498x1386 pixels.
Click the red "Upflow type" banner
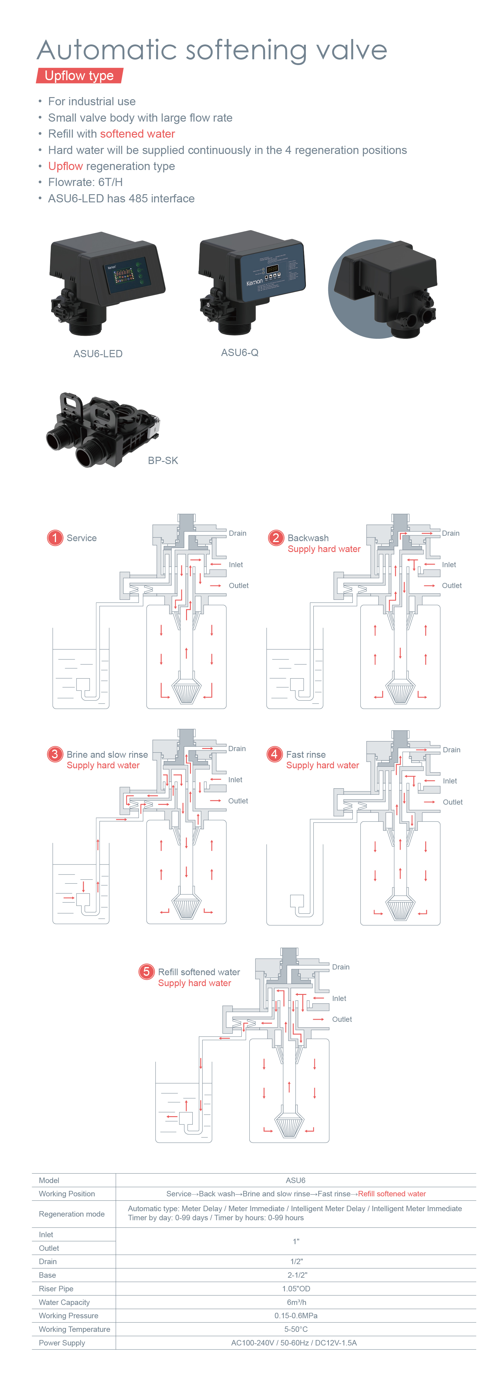point(79,76)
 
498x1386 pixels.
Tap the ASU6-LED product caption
point(98,354)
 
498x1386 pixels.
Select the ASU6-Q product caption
point(240,352)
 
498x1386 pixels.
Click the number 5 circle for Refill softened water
point(146,971)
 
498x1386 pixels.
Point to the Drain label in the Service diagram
point(238,533)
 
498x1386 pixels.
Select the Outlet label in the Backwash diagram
point(452,585)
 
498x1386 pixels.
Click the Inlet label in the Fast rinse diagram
point(450,781)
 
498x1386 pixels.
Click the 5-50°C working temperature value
point(296,1329)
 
